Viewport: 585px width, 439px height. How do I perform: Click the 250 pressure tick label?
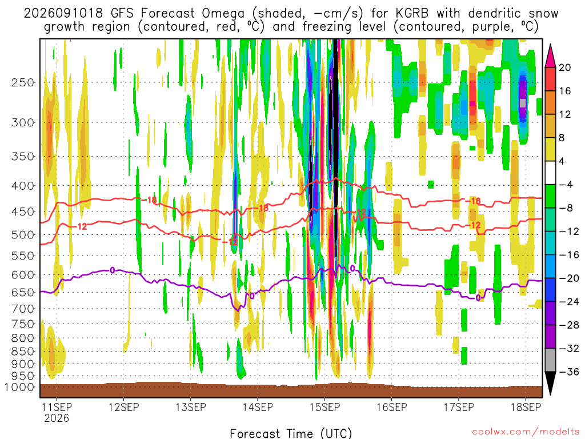point(23,82)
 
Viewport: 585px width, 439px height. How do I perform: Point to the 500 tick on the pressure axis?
point(23,235)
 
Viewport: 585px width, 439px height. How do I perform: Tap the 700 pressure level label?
point(23,309)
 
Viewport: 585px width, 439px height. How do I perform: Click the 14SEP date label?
point(258,407)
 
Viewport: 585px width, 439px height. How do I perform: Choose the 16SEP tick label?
point(392,407)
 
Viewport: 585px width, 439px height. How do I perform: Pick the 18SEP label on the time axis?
point(526,407)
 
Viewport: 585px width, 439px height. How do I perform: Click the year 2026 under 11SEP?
point(57,418)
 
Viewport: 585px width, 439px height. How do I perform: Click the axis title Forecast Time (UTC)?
point(291,433)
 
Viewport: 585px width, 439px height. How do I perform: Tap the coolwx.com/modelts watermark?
point(526,432)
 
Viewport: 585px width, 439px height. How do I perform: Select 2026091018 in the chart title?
point(63,14)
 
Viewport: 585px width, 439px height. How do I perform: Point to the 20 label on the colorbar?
point(564,67)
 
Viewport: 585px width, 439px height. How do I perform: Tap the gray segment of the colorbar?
point(550,360)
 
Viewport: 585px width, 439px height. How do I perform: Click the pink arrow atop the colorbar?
point(550,55)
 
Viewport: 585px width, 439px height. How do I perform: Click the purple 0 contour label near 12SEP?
point(112,270)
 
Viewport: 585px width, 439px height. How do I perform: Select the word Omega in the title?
point(223,14)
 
